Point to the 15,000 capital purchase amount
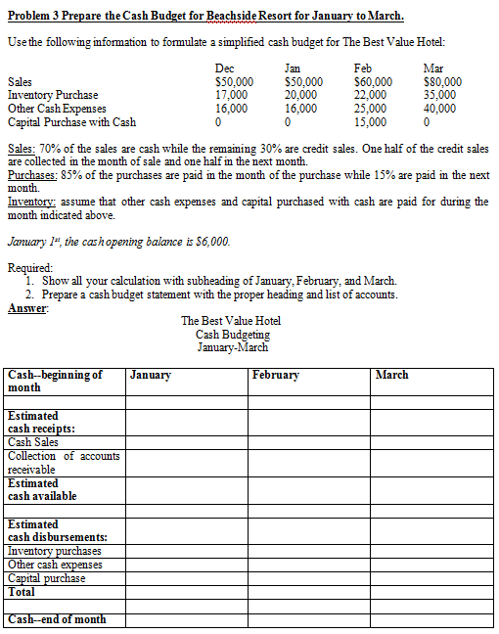click(x=369, y=122)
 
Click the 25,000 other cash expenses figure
click(x=369, y=109)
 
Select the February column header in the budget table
click(x=275, y=375)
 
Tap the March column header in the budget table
click(x=391, y=375)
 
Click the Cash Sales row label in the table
click(x=33, y=442)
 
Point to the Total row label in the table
click(x=21, y=591)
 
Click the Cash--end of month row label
click(x=57, y=618)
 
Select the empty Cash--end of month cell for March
click(x=432, y=618)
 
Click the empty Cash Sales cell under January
click(x=186, y=442)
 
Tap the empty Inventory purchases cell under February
click(x=309, y=551)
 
